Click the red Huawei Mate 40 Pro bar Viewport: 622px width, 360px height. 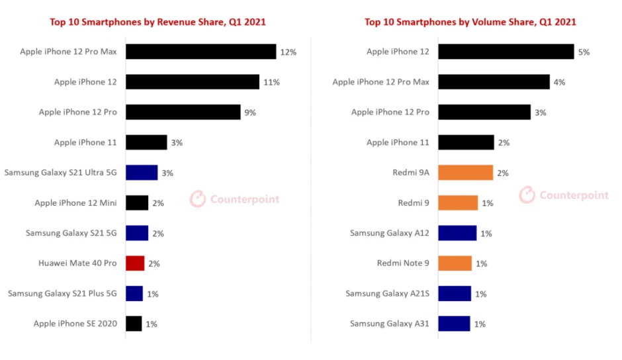click(135, 263)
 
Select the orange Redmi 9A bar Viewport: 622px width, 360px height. click(465, 173)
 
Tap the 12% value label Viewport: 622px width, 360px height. click(288, 52)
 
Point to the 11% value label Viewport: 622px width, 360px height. click(271, 82)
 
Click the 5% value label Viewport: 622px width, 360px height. click(584, 52)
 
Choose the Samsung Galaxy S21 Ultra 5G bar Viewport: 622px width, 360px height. click(142, 173)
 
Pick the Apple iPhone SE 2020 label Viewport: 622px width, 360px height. click(75, 324)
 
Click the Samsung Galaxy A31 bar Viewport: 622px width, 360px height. click(454, 324)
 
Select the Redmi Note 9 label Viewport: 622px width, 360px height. click(403, 263)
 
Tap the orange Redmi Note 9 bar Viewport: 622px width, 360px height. click(455, 263)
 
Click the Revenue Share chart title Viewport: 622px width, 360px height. click(158, 22)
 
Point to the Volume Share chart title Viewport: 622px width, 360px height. click(470, 22)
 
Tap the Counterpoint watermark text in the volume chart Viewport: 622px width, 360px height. click(574, 195)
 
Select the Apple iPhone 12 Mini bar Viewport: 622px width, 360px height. click(137, 203)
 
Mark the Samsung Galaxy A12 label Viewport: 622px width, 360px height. click(390, 233)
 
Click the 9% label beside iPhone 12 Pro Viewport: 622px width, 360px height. click(250, 112)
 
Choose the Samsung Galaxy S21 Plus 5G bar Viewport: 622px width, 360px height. click(134, 293)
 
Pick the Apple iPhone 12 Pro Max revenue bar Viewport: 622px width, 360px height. click(200, 52)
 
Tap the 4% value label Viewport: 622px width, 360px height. click(559, 82)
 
